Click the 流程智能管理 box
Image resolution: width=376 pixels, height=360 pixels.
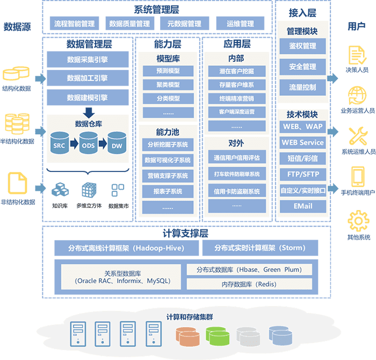(74, 24)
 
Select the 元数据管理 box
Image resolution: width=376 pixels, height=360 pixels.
(184, 24)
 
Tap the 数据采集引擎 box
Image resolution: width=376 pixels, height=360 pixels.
(88, 60)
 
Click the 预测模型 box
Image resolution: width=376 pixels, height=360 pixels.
(168, 71)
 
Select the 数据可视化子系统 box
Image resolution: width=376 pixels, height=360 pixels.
(168, 160)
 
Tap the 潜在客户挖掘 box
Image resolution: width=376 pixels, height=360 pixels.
(236, 71)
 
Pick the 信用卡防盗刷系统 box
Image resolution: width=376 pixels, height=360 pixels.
(236, 191)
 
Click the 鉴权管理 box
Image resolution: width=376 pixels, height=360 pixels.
(302, 46)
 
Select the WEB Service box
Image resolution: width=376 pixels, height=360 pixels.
(302, 142)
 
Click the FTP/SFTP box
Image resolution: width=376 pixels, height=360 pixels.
(302, 174)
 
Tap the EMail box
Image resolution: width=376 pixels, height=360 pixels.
(302, 206)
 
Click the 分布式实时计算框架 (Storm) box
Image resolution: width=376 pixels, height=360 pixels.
(259, 248)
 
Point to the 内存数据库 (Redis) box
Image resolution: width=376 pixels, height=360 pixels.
(248, 284)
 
